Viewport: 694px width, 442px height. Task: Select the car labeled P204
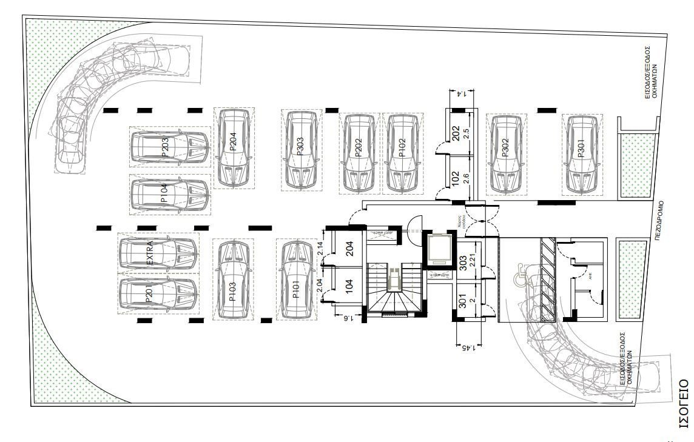(234, 148)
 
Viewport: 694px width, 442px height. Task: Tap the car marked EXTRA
(158, 253)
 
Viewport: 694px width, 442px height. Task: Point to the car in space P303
(302, 150)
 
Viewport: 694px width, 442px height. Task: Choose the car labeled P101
(295, 280)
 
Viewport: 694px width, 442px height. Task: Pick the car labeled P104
(170, 195)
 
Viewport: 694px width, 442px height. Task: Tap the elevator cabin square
(437, 249)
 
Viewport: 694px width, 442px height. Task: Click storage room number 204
(349, 250)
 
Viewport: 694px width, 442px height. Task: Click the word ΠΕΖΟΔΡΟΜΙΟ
(665, 221)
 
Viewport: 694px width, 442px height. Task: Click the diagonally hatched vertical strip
(548, 280)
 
